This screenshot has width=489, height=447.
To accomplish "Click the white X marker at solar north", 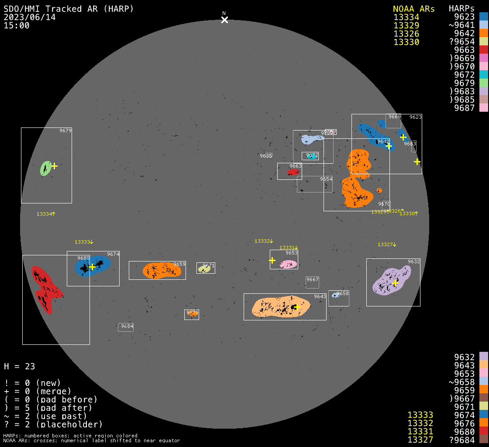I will [224, 20].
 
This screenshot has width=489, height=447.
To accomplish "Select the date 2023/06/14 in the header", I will [30, 17].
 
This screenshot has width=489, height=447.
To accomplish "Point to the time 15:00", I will [17, 25].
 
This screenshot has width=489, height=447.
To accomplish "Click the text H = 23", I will [19, 366].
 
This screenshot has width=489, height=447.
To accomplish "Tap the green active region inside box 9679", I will [45, 168].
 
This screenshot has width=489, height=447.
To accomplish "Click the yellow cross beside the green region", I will [54, 166].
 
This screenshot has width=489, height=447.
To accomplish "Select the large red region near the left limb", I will [45, 289].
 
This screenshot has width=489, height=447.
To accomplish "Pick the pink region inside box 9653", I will [288, 264].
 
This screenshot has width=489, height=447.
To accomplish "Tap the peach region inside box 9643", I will [279, 307].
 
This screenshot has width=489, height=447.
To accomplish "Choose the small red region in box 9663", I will [293, 172].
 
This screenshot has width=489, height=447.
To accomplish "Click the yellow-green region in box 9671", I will [204, 269].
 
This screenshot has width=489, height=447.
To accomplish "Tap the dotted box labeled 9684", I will [126, 327].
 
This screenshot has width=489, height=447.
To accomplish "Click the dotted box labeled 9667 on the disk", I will [312, 282].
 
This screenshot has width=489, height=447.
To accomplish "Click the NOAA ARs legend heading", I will [413, 9].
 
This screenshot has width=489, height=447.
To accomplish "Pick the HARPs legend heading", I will [461, 9].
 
